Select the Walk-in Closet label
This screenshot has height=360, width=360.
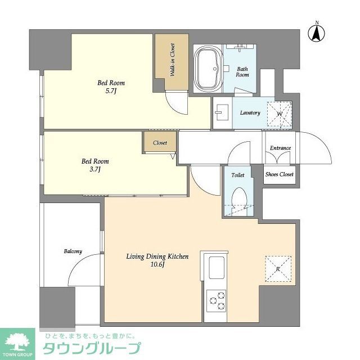point(172,60)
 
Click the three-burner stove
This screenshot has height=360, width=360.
point(217,300)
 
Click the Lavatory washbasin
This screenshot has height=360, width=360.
point(220,111)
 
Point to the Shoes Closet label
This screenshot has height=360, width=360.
point(280,174)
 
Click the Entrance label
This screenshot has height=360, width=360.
point(280,148)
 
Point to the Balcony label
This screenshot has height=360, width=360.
point(73,251)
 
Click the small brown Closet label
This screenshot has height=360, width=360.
point(160,143)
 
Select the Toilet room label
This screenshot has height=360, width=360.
point(238,175)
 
